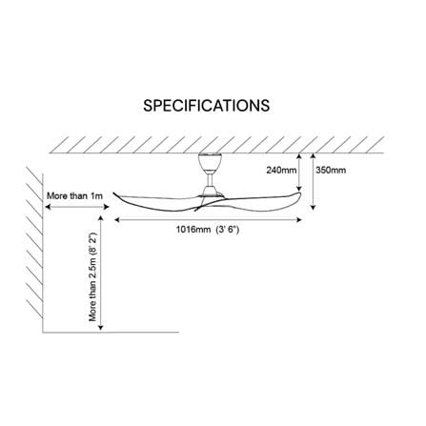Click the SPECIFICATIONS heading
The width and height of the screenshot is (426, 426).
206,106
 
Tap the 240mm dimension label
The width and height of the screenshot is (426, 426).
281,171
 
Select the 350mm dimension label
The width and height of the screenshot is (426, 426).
331,171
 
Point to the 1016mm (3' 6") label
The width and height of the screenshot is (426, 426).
208,230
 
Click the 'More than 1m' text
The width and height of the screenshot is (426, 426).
74,195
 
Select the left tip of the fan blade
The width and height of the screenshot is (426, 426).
113,193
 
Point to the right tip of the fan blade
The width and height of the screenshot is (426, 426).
300,193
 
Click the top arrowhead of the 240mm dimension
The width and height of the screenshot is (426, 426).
299,156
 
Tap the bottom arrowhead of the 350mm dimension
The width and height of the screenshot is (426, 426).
314,207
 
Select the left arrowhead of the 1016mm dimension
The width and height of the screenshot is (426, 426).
116,219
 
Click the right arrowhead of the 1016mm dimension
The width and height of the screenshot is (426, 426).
298,219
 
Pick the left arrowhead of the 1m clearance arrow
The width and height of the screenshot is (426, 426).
48,207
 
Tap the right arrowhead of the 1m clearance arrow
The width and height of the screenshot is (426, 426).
107,207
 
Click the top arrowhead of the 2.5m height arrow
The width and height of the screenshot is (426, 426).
101,218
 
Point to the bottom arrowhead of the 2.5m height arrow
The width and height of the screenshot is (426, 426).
101,327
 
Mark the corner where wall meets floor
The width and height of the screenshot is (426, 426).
43,333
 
